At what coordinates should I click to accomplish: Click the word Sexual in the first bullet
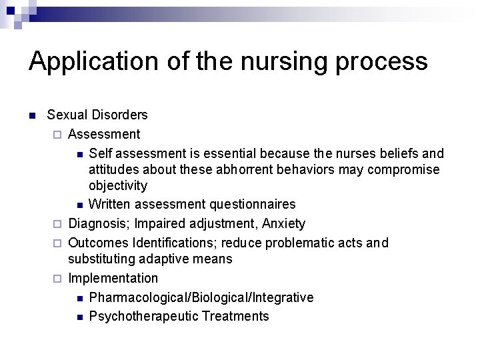click(67, 115)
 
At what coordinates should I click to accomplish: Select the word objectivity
click(118, 185)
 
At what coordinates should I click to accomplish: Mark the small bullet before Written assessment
click(79, 205)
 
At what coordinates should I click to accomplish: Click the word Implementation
click(113, 278)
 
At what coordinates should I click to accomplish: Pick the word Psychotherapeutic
click(139, 316)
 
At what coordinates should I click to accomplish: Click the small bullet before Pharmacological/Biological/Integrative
click(79, 298)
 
